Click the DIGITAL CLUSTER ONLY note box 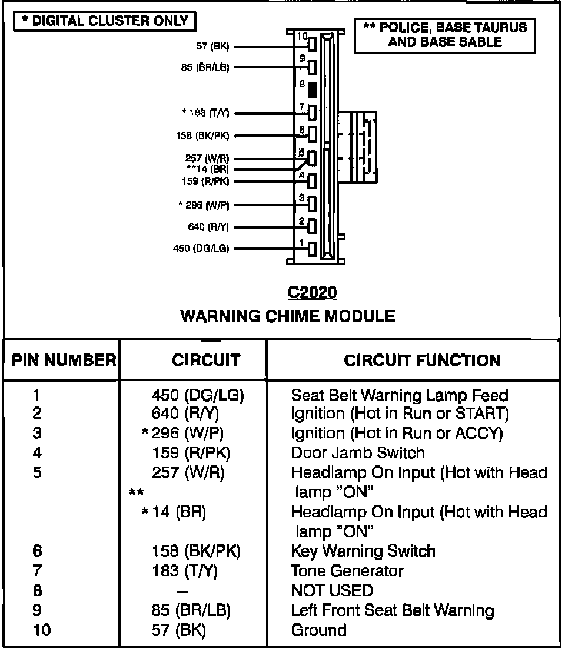(104, 21)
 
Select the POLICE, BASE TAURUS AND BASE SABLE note (445, 35)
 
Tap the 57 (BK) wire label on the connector (212, 46)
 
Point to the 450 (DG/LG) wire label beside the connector (201, 249)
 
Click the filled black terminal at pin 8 (312, 90)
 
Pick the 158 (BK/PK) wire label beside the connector (201, 136)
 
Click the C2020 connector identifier (313, 293)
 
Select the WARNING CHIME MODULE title (288, 316)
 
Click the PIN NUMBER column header (63, 361)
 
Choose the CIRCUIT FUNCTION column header (422, 361)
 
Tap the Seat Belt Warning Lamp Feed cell (399, 395)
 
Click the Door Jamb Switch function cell (357, 453)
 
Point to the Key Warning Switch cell (363, 551)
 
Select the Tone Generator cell (347, 571)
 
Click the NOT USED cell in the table (332, 590)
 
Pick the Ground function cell (318, 630)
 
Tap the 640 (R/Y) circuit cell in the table (190, 414)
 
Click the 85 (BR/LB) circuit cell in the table (191, 610)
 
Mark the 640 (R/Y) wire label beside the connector (210, 226)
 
